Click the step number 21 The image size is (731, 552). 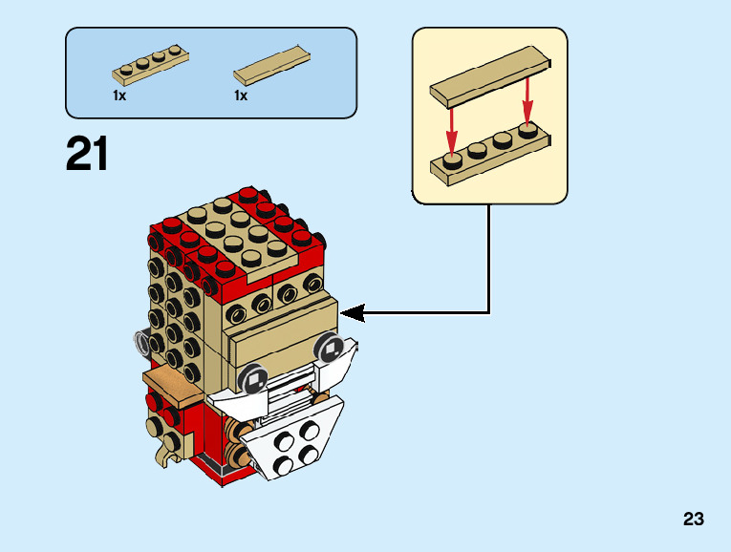[x=87, y=155]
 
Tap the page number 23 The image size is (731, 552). [x=694, y=520]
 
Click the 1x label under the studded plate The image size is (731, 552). [x=119, y=96]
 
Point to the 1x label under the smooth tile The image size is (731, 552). [x=241, y=96]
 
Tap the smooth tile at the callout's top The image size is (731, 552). [x=489, y=79]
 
